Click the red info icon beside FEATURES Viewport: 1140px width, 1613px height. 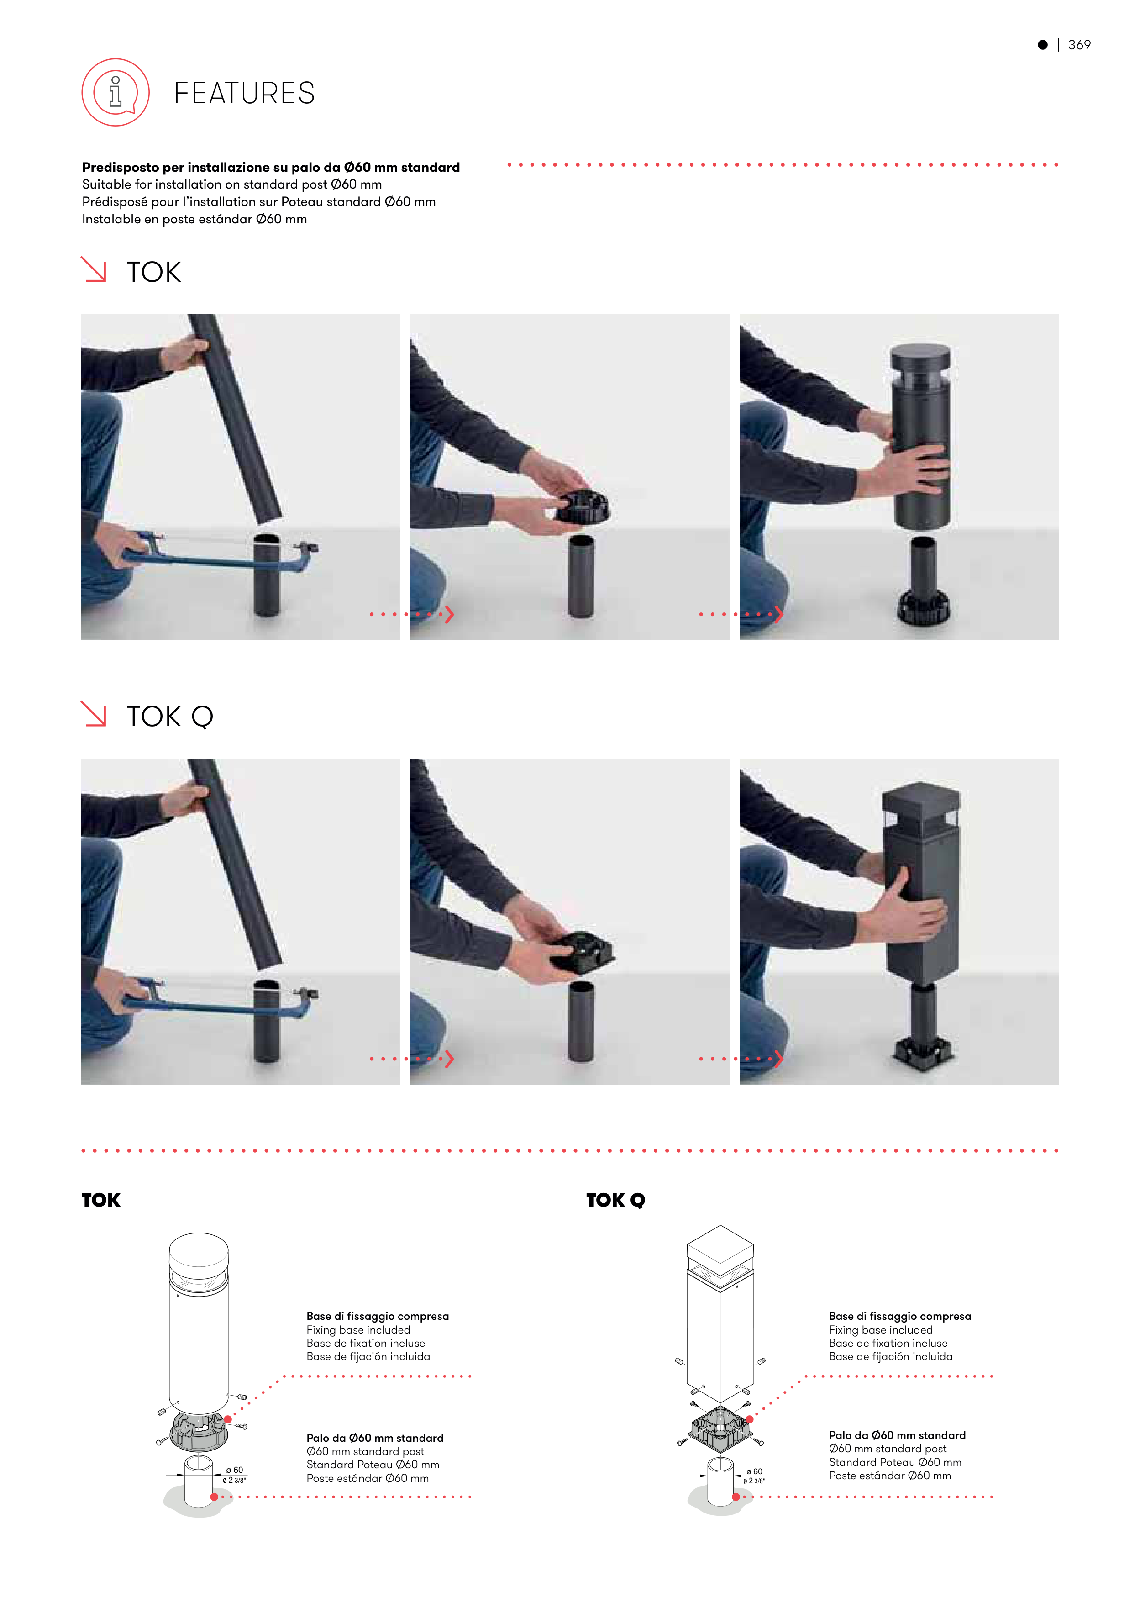[116, 92]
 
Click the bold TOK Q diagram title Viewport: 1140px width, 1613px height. [615, 1200]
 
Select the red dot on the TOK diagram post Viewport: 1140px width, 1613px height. [214, 1497]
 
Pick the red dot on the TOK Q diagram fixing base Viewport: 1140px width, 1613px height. [750, 1419]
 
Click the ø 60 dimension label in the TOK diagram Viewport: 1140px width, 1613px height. [235, 1470]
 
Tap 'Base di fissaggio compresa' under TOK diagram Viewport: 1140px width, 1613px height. [377, 1316]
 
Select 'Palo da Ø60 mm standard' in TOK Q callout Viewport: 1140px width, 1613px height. [897, 1435]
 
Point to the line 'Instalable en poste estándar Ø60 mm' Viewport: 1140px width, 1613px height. [194, 219]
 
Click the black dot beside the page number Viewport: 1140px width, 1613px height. [1042, 45]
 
